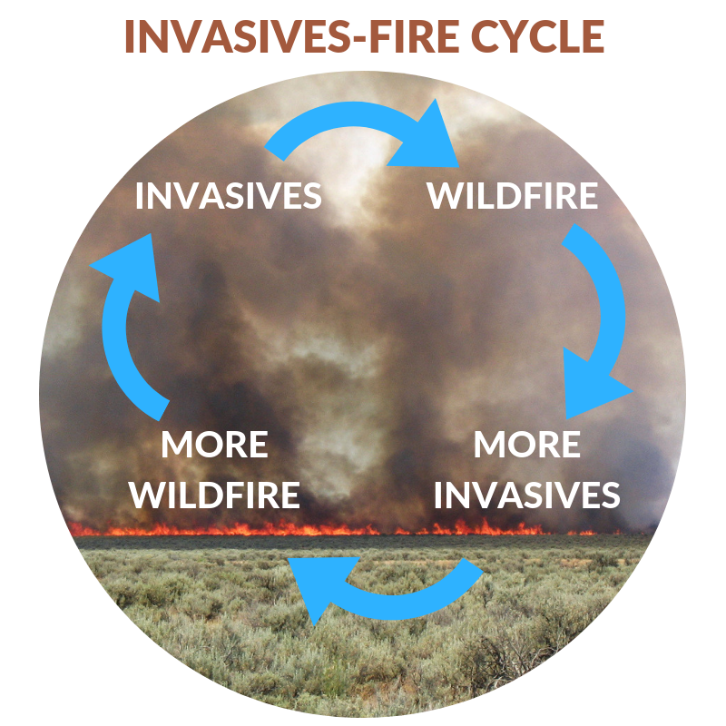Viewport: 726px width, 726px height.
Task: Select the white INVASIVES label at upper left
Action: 229,196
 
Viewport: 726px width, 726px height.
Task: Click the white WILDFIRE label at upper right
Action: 513,196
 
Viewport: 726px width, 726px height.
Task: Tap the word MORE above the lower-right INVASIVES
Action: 527,446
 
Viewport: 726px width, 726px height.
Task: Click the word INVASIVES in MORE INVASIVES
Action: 527,495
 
